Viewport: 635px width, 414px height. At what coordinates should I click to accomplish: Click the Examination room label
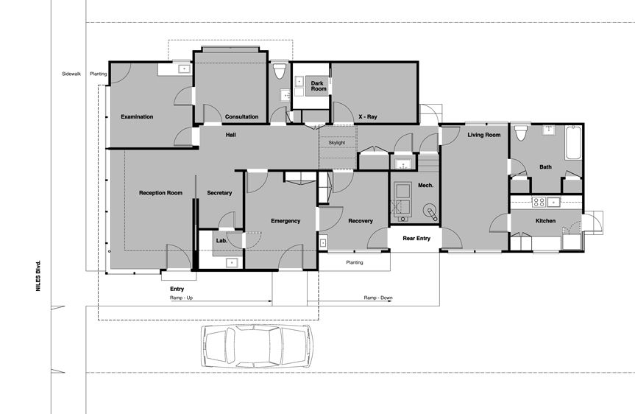click(x=137, y=116)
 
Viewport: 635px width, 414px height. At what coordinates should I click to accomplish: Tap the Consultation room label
click(x=241, y=116)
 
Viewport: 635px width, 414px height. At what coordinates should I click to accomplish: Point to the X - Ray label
click(x=367, y=116)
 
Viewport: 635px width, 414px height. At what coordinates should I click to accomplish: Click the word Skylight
click(x=337, y=142)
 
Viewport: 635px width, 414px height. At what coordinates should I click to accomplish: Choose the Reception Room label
click(x=160, y=193)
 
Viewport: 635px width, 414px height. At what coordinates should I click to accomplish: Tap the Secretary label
click(x=219, y=193)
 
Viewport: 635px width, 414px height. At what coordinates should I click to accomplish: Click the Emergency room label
click(x=285, y=221)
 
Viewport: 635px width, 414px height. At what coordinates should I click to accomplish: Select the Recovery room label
click(x=361, y=221)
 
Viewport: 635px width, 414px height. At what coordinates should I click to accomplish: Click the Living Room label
click(x=483, y=135)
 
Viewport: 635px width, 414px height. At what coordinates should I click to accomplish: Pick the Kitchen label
click(x=545, y=221)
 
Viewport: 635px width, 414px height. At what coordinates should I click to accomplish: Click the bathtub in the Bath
click(x=574, y=143)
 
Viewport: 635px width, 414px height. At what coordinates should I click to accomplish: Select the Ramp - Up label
click(x=186, y=298)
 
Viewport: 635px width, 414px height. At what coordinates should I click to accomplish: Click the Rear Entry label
click(x=416, y=238)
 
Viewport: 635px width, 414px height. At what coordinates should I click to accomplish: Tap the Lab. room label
click(x=221, y=240)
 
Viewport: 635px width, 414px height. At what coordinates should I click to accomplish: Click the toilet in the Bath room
click(x=520, y=133)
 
